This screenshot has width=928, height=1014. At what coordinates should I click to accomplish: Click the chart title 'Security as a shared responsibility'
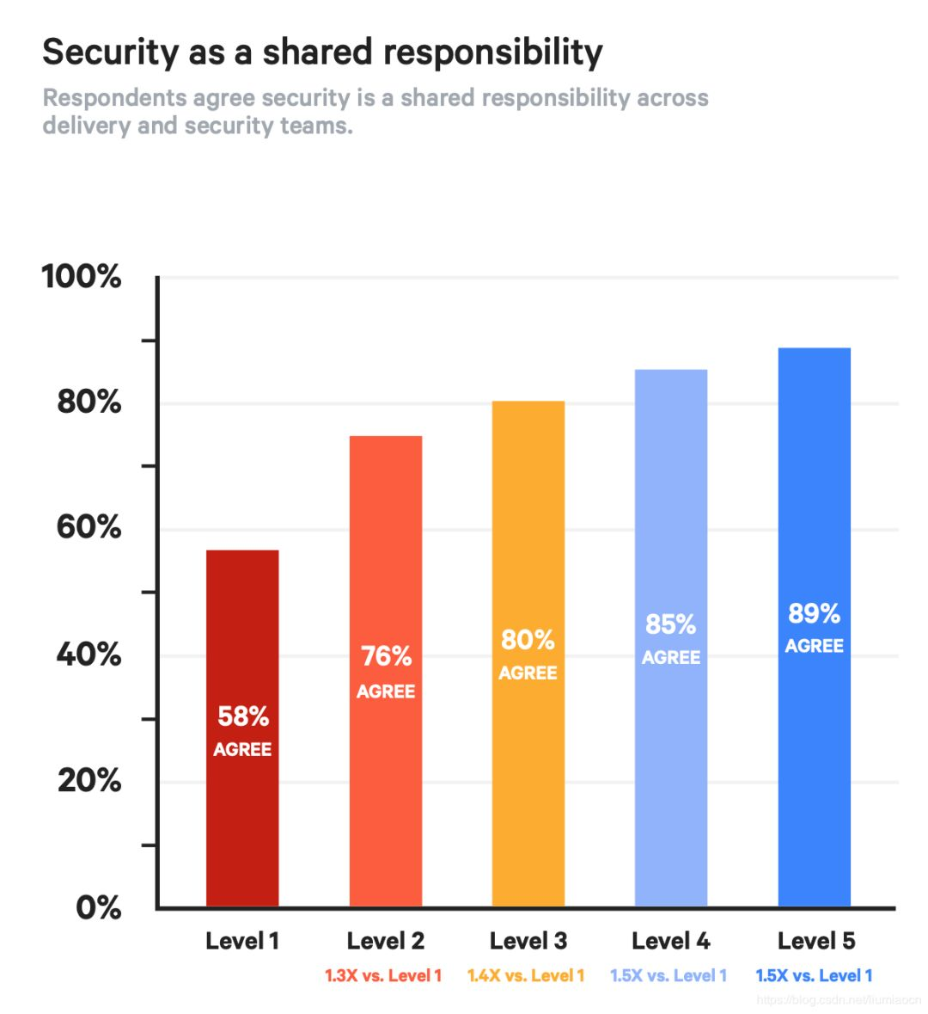point(322,52)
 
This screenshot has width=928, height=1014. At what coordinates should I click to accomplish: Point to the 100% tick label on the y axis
point(82,277)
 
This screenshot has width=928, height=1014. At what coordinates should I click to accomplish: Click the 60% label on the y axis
point(89,527)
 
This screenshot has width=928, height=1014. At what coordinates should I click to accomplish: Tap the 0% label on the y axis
point(98,907)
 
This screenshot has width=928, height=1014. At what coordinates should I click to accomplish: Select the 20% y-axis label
point(89,780)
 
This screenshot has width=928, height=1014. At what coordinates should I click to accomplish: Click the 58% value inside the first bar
point(243,716)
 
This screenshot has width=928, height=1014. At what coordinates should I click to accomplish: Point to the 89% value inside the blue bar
point(814,613)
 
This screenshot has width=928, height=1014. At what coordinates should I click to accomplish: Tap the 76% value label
point(386,656)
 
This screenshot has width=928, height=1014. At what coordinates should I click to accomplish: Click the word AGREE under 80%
point(528,673)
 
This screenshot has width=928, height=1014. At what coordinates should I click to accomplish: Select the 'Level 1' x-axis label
point(242,941)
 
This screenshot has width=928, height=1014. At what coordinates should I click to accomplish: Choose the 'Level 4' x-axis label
point(670,941)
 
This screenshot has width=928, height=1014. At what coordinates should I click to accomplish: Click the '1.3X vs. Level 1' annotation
point(383,975)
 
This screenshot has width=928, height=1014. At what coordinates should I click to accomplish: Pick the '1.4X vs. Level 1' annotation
point(526,975)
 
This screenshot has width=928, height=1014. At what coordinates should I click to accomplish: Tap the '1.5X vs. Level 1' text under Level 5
point(814,975)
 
